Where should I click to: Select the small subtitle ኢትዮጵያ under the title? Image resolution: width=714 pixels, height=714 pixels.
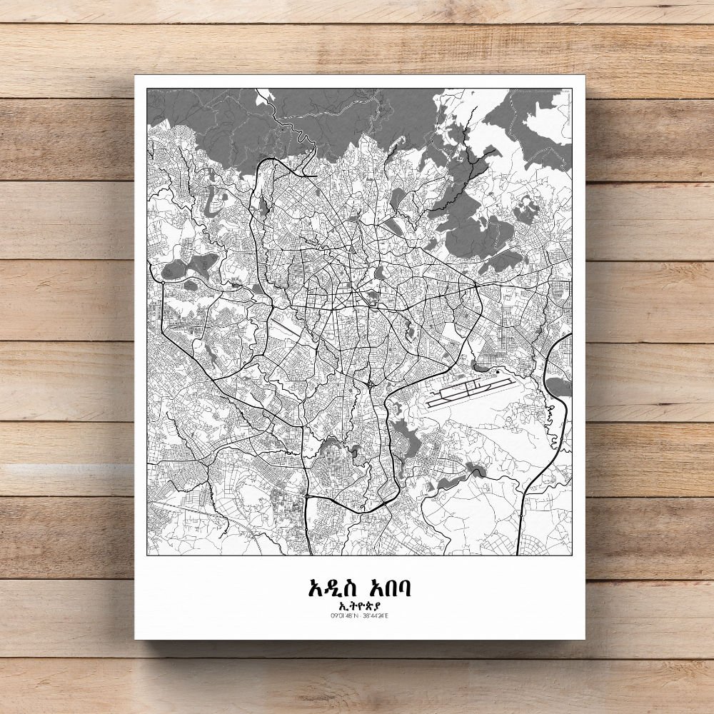(x=359, y=606)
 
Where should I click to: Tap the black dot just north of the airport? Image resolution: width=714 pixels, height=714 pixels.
(x=496, y=371)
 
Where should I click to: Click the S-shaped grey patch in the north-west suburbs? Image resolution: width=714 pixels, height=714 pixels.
(x=213, y=196)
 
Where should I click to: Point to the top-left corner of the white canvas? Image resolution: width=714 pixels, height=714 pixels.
(x=135, y=76)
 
